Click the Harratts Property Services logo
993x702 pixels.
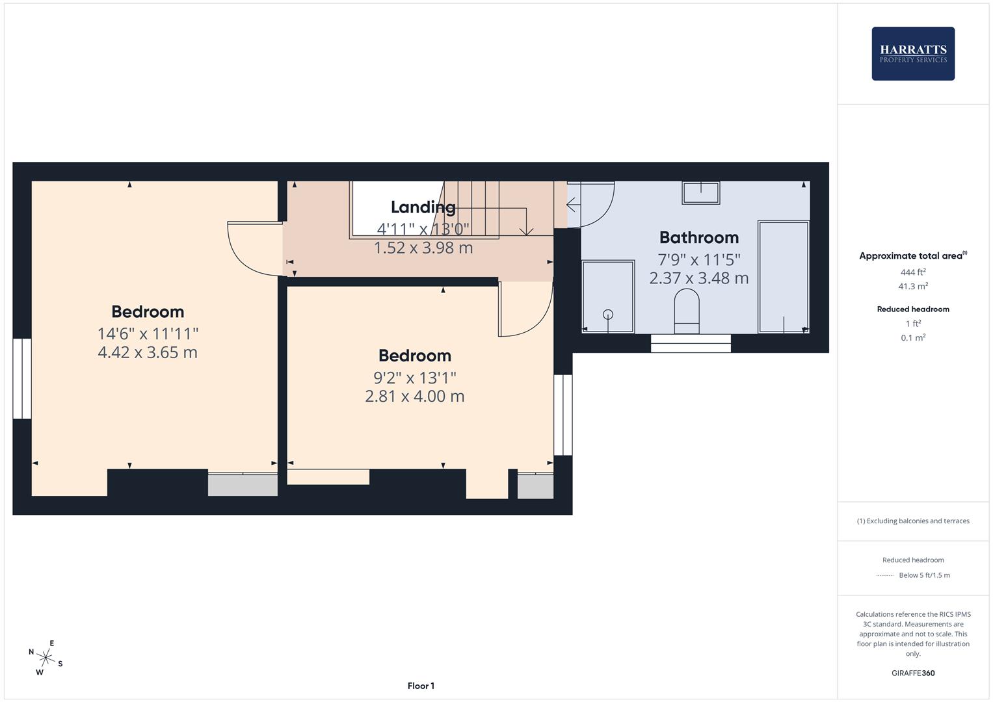point(913,53)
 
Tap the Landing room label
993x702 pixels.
point(423,207)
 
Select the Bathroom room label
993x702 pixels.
point(699,237)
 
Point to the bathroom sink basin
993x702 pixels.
point(701,192)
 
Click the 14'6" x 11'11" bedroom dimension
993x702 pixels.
point(148,333)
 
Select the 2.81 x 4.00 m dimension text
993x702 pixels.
point(414,396)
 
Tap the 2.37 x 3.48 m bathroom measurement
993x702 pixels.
point(699,278)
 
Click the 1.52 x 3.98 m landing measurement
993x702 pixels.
point(423,248)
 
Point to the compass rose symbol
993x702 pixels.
point(46,658)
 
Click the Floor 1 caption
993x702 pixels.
point(421,686)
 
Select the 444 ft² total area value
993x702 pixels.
point(913,272)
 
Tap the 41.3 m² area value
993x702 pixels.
point(913,286)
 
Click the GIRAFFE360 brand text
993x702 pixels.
point(913,673)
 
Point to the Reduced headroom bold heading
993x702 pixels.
point(913,309)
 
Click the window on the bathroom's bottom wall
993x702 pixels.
point(691,343)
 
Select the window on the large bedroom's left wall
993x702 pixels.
point(21,378)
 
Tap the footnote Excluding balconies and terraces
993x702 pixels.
point(913,521)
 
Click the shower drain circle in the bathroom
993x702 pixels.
point(608,314)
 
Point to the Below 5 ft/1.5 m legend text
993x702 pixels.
point(924,575)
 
